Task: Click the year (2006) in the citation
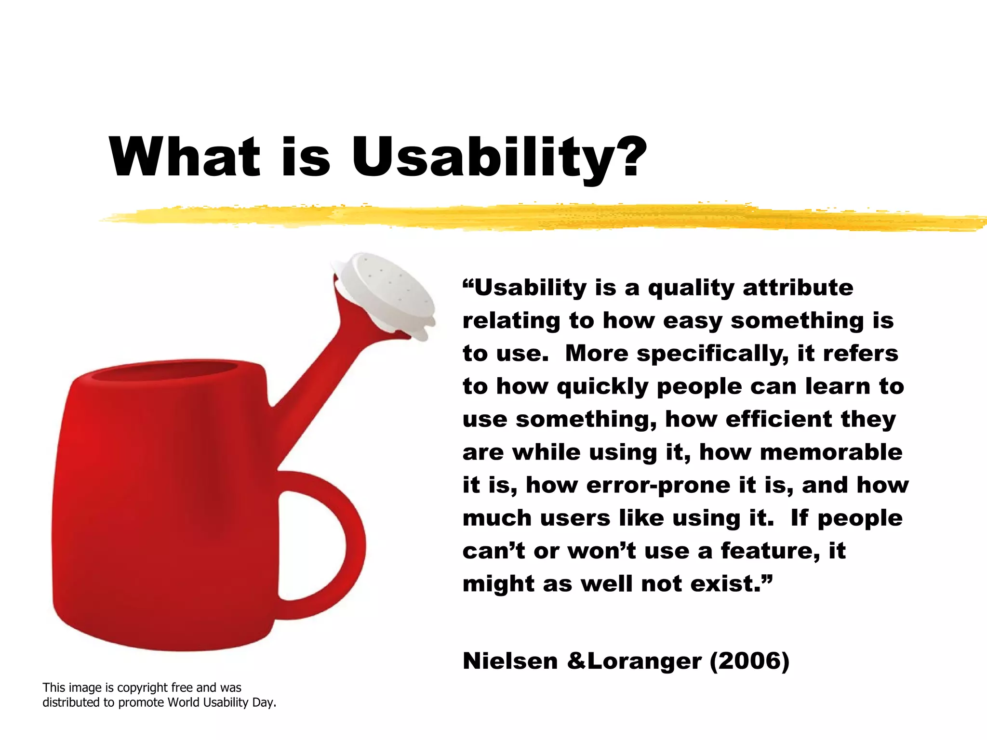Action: point(749,661)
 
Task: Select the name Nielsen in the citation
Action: point(510,661)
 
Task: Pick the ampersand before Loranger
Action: point(576,661)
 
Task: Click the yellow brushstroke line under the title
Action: point(530,217)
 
